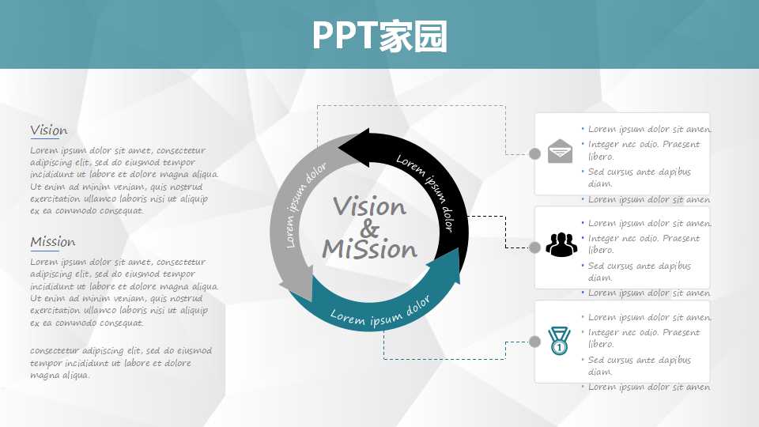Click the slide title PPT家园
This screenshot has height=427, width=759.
coord(379,36)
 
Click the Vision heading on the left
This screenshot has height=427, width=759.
coord(48,130)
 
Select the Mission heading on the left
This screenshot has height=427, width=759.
coord(53,242)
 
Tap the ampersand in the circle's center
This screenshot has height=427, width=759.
coord(369,228)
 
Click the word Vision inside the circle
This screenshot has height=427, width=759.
coord(369,206)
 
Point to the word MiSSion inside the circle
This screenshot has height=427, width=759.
coord(369,249)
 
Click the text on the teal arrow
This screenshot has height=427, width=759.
coord(380,312)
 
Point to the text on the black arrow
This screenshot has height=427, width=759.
coord(426,191)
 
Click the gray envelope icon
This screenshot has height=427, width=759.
coord(560,151)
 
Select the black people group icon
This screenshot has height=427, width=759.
coord(561,244)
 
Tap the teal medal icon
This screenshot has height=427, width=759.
coord(559,341)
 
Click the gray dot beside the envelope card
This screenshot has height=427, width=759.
coord(535,153)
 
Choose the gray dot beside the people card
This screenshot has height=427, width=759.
coord(535,248)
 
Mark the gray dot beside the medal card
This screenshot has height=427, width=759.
coord(535,342)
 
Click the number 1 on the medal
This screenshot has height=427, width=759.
coord(559,347)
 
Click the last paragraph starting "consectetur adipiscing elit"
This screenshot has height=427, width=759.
coord(121,363)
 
